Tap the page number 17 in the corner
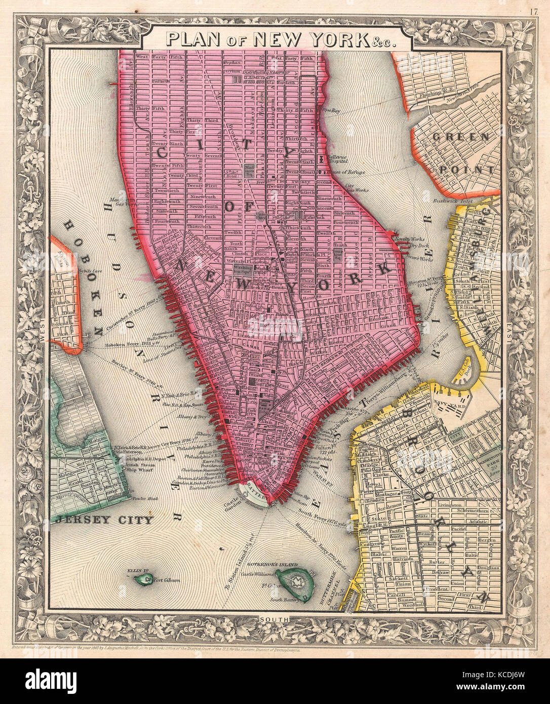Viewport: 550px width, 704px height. (535, 11)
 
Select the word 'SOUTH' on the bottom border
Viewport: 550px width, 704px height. (274, 619)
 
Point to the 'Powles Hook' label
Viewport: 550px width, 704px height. (143, 498)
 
